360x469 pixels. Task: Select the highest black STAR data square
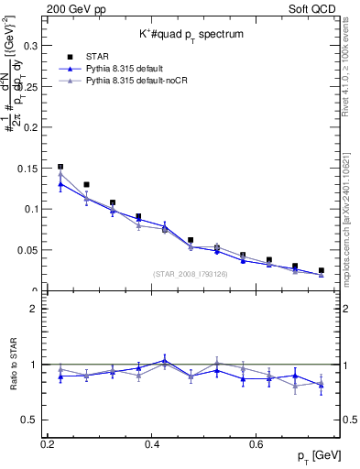click(x=60, y=167)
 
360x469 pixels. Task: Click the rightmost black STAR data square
click(x=322, y=270)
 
